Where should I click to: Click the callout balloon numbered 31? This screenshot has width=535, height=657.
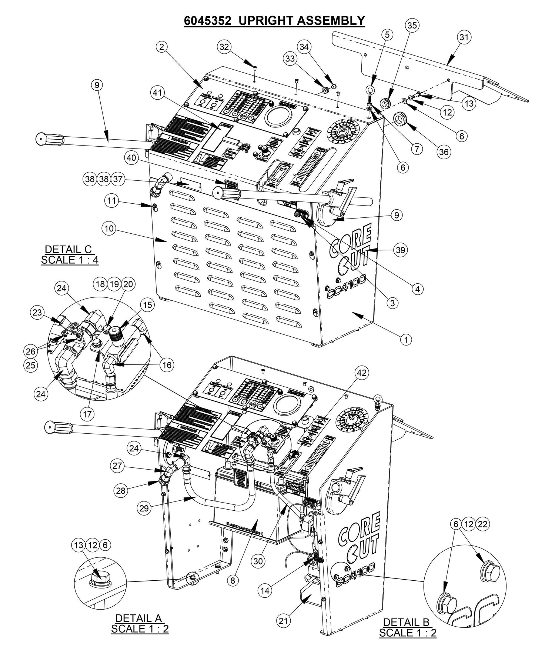pyautogui.click(x=464, y=37)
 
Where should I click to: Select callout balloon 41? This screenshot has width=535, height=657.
pyautogui.click(x=158, y=94)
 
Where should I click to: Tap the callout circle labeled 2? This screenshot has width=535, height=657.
pyautogui.click(x=161, y=47)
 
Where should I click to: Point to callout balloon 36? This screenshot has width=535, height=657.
pyautogui.click(x=443, y=151)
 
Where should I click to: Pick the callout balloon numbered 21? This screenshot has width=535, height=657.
pyautogui.click(x=283, y=621)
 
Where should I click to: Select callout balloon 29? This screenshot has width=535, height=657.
pyautogui.click(x=144, y=508)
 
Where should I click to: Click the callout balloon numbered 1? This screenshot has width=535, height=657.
pyautogui.click(x=406, y=339)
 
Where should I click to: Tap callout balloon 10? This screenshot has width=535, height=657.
pyautogui.click(x=109, y=229)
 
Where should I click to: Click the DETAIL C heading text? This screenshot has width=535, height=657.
pyautogui.click(x=68, y=249)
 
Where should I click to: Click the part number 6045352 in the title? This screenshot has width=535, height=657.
pyautogui.click(x=208, y=20)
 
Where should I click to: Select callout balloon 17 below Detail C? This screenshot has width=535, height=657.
pyautogui.click(x=87, y=414)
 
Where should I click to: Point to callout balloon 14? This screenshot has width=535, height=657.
pyautogui.click(x=265, y=591)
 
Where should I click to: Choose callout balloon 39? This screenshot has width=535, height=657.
pyautogui.click(x=401, y=250)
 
